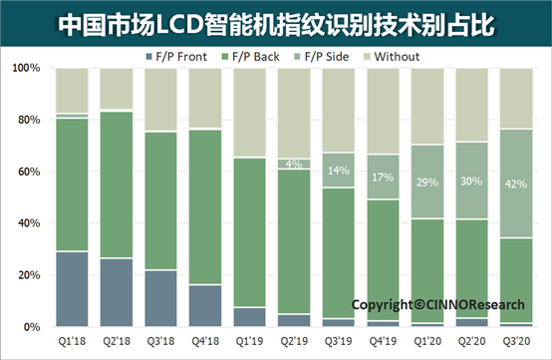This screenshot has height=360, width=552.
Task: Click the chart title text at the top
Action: click(x=276, y=21)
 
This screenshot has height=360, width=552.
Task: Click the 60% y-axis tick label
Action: click(x=29, y=172)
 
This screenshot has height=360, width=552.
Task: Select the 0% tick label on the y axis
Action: click(x=32, y=327)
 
